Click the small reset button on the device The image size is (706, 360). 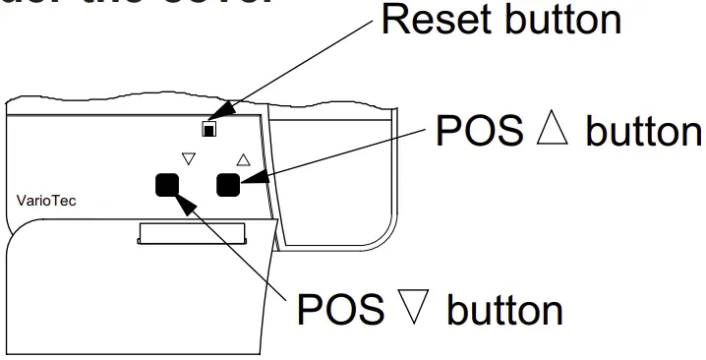tap(209, 128)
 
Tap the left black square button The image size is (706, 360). tap(166, 184)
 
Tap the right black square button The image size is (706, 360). tap(228, 182)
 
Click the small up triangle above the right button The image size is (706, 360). tap(243, 157)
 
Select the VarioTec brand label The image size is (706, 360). tap(46, 201)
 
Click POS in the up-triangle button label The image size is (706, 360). tap(476, 133)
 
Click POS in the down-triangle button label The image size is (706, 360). tap(339, 310)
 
